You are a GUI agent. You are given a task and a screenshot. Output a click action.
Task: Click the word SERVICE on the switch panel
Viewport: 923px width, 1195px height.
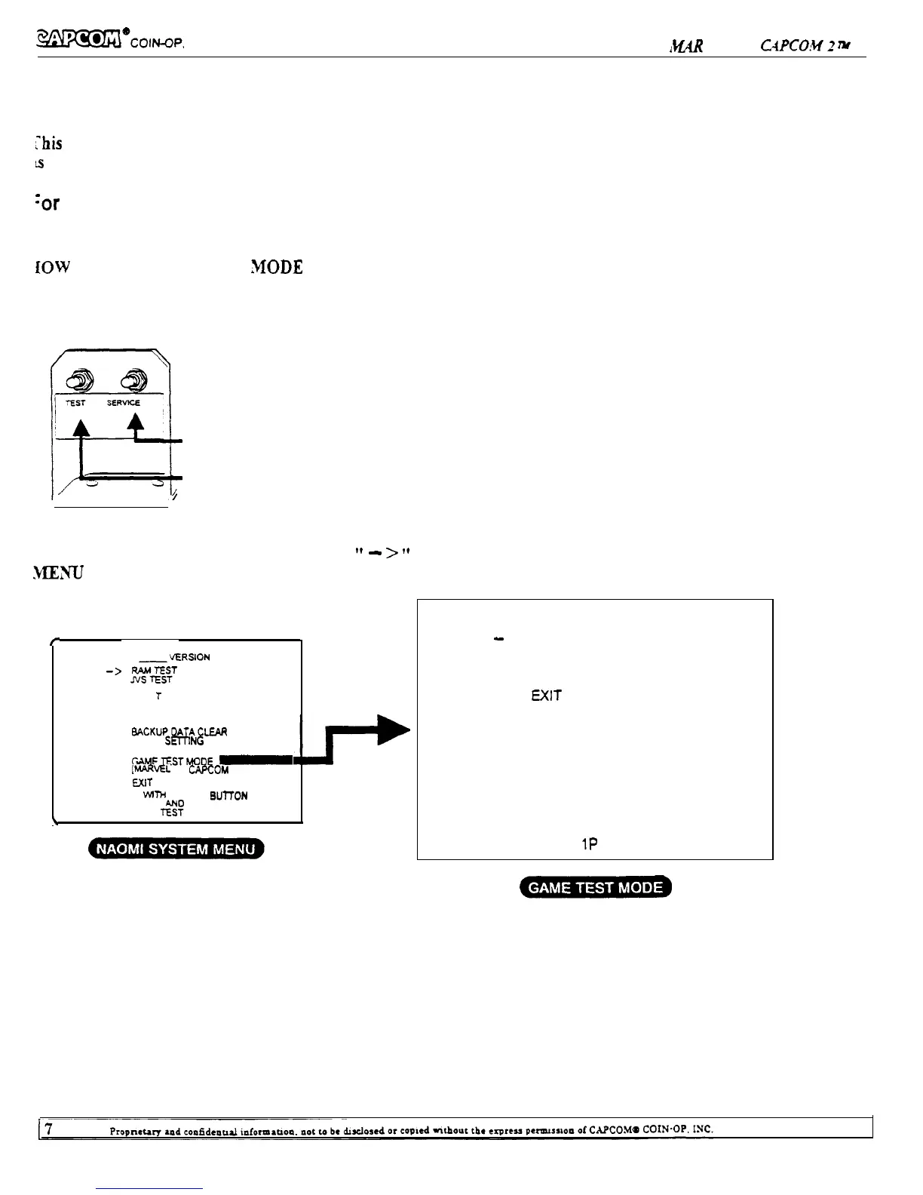pos(123,403)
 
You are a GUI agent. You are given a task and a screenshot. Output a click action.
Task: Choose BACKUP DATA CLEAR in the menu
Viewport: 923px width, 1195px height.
pos(179,732)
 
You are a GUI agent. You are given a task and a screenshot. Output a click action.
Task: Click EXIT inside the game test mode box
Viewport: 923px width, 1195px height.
pos(546,696)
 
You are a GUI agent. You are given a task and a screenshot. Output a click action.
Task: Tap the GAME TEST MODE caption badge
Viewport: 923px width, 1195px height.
pos(596,887)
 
